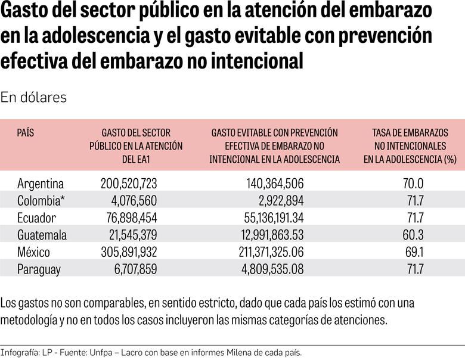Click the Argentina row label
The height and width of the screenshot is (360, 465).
[41, 183]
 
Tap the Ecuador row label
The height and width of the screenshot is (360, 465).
[37, 218]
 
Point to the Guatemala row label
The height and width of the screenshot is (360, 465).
[42, 235]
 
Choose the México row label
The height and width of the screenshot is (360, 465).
[34, 252]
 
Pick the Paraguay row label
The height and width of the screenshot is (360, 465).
[39, 269]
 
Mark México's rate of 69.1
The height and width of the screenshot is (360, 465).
[414, 252]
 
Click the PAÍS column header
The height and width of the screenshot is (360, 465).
[26, 133]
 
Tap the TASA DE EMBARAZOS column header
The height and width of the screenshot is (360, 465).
[410, 146]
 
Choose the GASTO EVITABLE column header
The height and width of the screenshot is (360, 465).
[274, 146]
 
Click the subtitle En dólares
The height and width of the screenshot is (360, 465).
[33, 97]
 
